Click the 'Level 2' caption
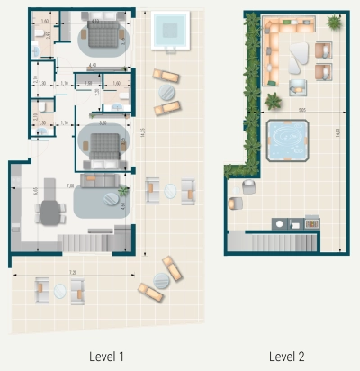pos(286,357)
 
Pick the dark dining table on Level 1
pos(49,213)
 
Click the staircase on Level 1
pos(90,242)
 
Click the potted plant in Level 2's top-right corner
pos(334,22)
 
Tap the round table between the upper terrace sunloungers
pos(166,92)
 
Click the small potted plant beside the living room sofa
pos(123,191)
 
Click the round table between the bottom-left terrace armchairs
pos(59,290)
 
